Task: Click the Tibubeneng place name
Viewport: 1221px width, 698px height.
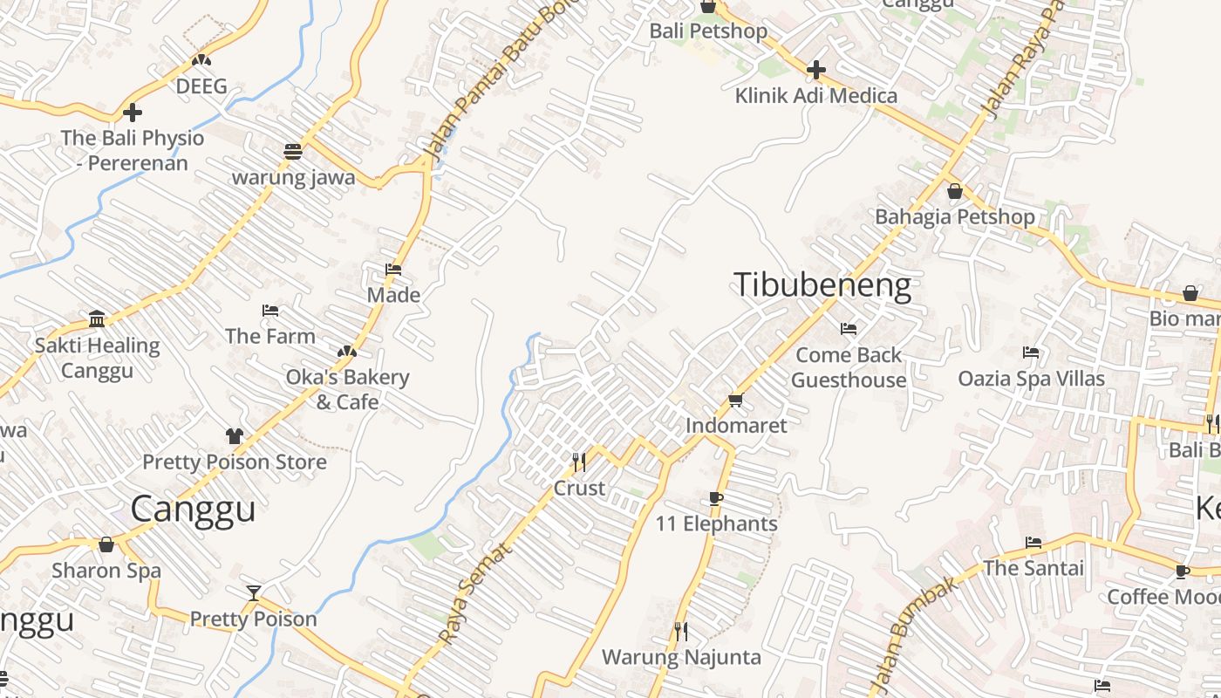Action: pos(822,285)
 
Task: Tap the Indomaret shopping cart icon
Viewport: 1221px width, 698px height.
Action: pos(735,400)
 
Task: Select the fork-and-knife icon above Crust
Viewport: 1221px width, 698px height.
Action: pos(578,460)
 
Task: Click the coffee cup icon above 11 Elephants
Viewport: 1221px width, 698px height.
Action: pos(715,498)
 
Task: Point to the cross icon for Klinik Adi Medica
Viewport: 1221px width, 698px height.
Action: pos(815,69)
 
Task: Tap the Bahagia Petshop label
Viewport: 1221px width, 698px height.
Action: pos(954,216)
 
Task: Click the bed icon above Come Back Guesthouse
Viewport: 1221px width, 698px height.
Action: pos(848,329)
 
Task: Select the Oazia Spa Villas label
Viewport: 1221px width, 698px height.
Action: pos(1031,379)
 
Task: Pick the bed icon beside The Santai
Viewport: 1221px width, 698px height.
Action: pos(1033,543)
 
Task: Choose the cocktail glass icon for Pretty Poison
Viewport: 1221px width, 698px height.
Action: pos(253,593)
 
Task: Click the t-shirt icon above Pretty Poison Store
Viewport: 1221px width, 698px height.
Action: pos(234,435)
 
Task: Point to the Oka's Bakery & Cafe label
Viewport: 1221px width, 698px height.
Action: pos(347,389)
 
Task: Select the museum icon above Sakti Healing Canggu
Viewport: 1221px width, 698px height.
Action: pos(97,318)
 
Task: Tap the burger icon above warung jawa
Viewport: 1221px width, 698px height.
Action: pos(293,151)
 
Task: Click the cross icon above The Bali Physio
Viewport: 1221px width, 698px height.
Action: pos(133,112)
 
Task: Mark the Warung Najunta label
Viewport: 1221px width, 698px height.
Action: pos(681,657)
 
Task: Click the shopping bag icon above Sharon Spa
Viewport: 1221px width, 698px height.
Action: pos(106,544)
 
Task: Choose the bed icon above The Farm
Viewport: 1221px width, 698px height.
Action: pos(270,310)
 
